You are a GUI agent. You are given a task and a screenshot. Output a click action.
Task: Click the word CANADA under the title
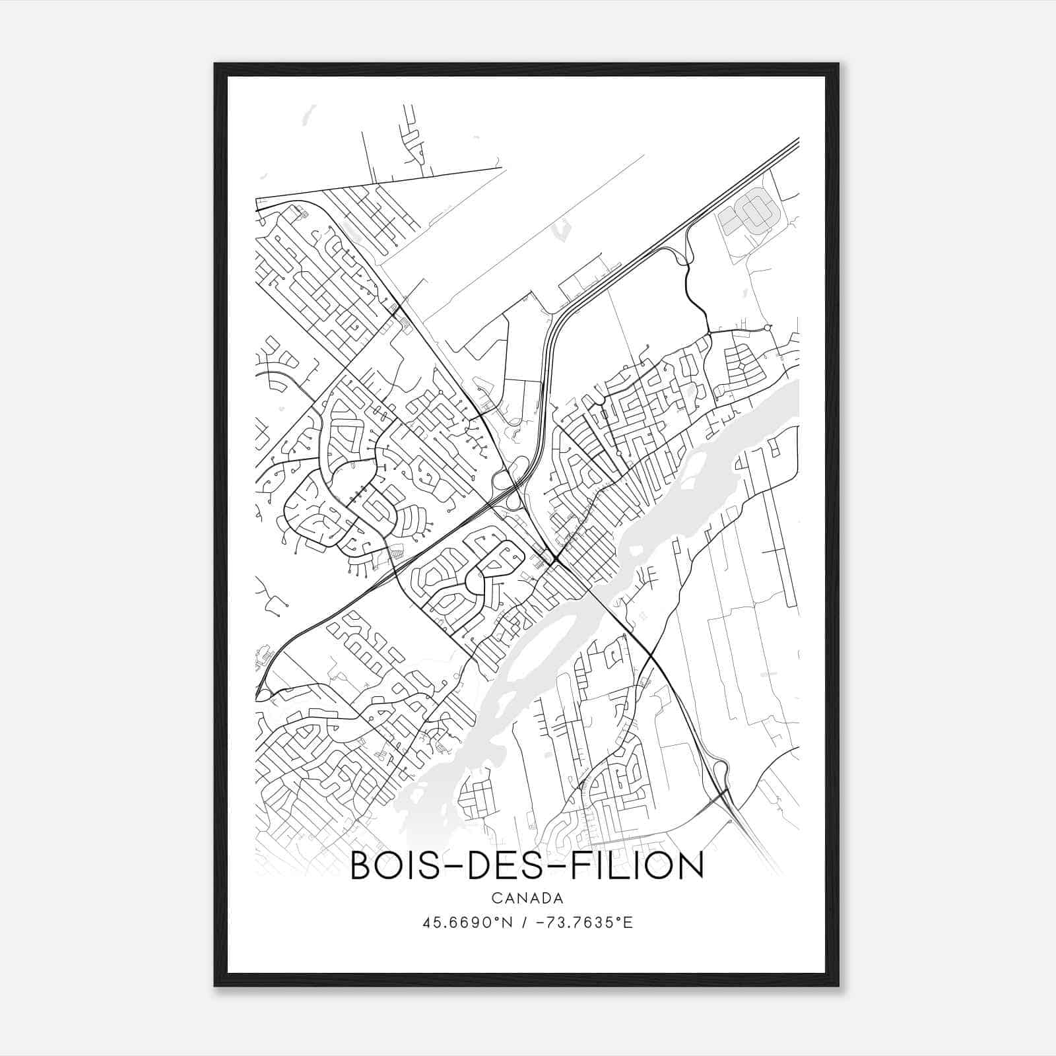527,898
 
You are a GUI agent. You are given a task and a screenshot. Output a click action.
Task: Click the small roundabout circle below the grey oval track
768,327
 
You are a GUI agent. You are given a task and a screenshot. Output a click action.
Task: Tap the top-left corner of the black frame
216,65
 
